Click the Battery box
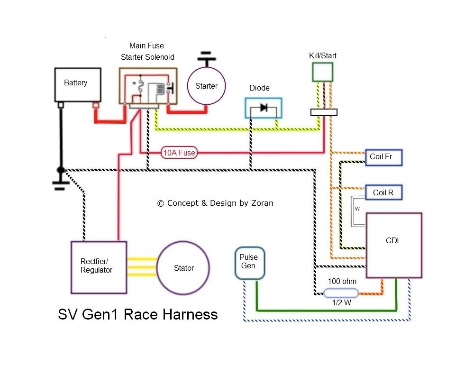pos(78,84)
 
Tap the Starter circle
pos(206,86)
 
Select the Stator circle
pos(183,268)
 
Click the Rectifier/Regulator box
pos(99,267)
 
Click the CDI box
pos(394,245)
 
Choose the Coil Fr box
pos(383,157)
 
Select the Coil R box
pos(383,193)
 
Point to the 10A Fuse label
pos(179,153)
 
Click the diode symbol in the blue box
pos(264,108)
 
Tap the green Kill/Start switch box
pos(322,72)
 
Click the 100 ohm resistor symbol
pos(341,293)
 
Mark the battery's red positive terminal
pos(95,105)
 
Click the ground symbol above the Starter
pos(206,58)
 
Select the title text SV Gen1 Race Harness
pos(137,314)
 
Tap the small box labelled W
pos(357,209)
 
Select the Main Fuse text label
pos(146,46)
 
